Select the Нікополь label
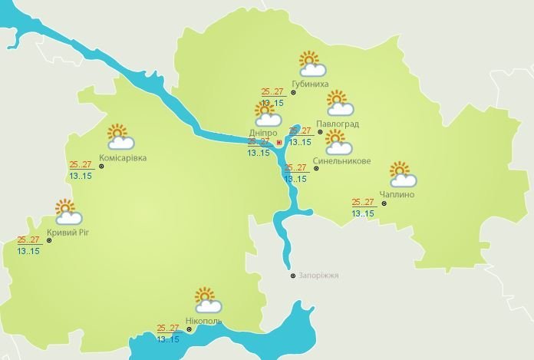coord(203,320)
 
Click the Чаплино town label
coord(397,195)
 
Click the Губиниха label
coord(311,84)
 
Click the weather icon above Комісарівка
coord(120,136)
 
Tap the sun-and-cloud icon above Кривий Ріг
coord(68,211)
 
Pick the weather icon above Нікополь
coord(207,299)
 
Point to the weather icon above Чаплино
coord(402,174)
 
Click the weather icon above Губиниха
coord(311,63)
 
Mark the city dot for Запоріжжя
coord(292,276)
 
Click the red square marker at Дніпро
coord(279,142)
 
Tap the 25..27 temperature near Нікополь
coord(168,328)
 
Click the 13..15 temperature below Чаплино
coord(363,213)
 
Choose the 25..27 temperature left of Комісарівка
coord(81,164)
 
